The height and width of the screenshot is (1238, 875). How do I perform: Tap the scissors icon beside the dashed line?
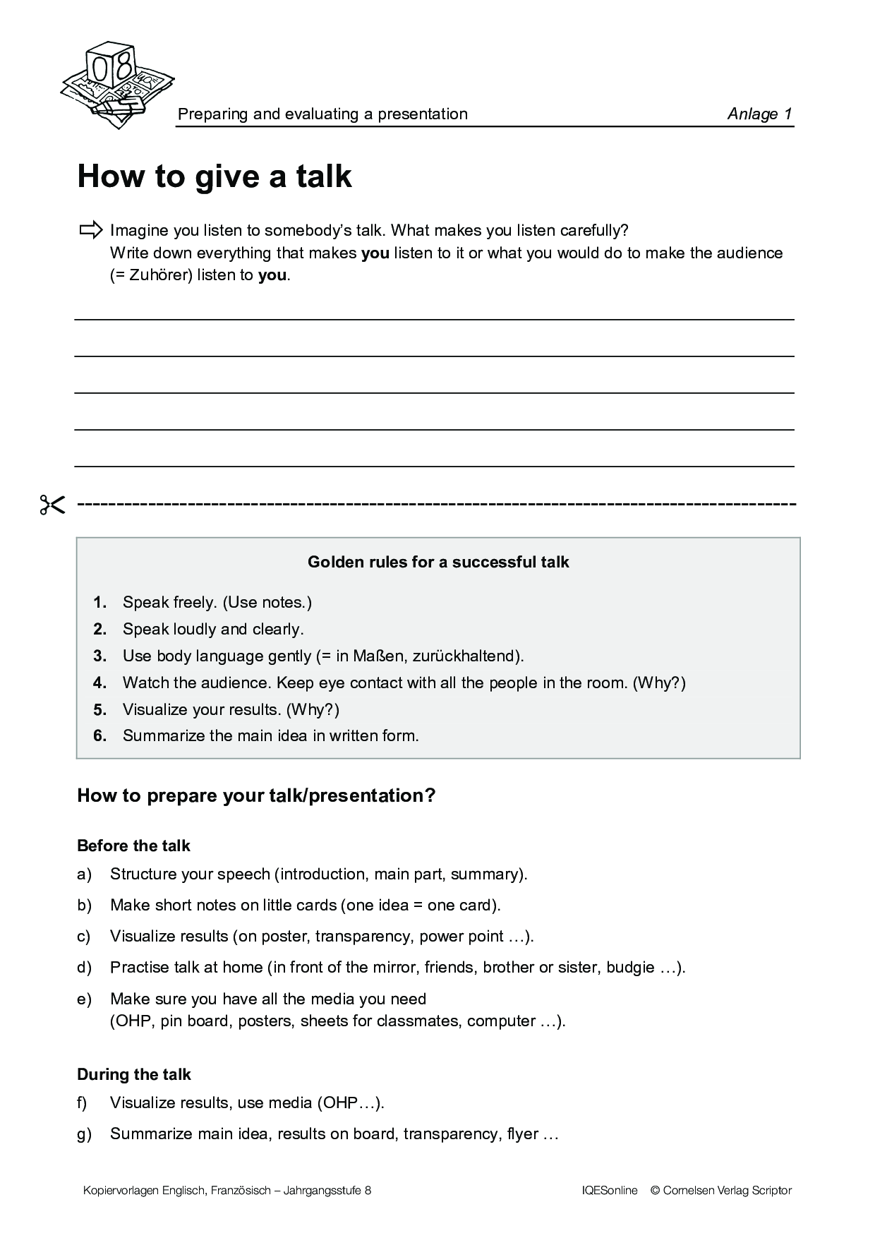(x=52, y=505)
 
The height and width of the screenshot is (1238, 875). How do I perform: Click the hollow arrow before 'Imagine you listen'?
(x=91, y=230)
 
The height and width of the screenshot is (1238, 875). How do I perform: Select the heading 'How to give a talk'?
(x=214, y=176)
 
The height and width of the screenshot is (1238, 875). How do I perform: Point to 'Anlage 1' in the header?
(x=759, y=114)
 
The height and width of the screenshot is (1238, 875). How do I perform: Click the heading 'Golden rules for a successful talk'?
(x=438, y=562)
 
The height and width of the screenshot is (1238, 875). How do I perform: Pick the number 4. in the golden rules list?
(x=99, y=683)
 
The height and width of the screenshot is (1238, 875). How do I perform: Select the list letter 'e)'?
(x=84, y=999)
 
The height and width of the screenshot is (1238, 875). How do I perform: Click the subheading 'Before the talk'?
(x=133, y=846)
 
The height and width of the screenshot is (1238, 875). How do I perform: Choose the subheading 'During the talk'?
(x=134, y=1074)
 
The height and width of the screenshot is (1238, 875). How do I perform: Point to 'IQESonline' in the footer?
(x=610, y=1191)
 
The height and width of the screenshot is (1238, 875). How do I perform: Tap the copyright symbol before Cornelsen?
(x=655, y=1191)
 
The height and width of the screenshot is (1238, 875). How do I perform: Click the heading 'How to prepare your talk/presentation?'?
(x=256, y=795)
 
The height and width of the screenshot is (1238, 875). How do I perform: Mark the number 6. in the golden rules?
(x=99, y=735)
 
